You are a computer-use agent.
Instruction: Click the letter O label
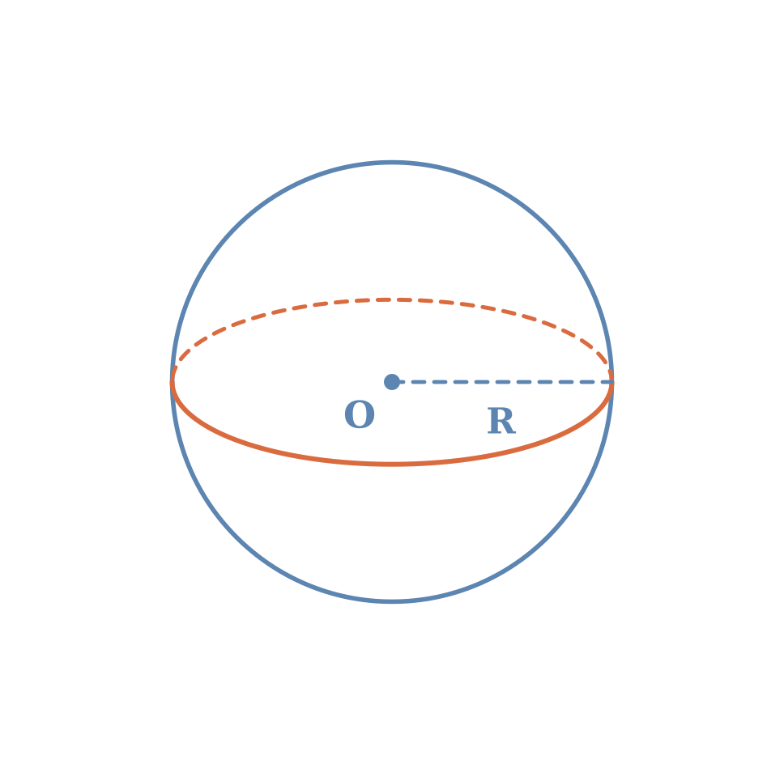pyautogui.click(x=360, y=414)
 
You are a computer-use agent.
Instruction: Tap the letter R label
pyautogui.click(x=501, y=421)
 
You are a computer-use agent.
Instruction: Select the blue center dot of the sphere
pyautogui.click(x=392, y=382)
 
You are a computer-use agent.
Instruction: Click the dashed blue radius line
pyautogui.click(x=502, y=382)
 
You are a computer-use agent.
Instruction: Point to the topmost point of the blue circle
pyautogui.click(x=392, y=163)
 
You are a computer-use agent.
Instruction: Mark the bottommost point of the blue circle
pyautogui.click(x=392, y=601)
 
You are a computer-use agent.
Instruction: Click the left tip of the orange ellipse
pyautogui.click(x=173, y=383)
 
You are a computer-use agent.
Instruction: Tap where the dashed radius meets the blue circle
pyautogui.click(x=611, y=382)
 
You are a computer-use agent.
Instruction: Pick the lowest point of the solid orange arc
pyautogui.click(x=392, y=465)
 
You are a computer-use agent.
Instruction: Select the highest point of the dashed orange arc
pyautogui.click(x=392, y=299)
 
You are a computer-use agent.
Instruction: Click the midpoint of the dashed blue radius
pyautogui.click(x=502, y=382)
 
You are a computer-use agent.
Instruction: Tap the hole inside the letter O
pyautogui.click(x=360, y=414)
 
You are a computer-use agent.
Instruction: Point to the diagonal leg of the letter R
pyautogui.click(x=508, y=427)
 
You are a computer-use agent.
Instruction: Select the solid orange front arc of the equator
pyautogui.click(x=392, y=465)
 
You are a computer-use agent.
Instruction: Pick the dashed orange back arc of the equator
pyautogui.click(x=392, y=299)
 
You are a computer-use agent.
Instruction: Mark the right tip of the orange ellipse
pyautogui.click(x=611, y=383)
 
